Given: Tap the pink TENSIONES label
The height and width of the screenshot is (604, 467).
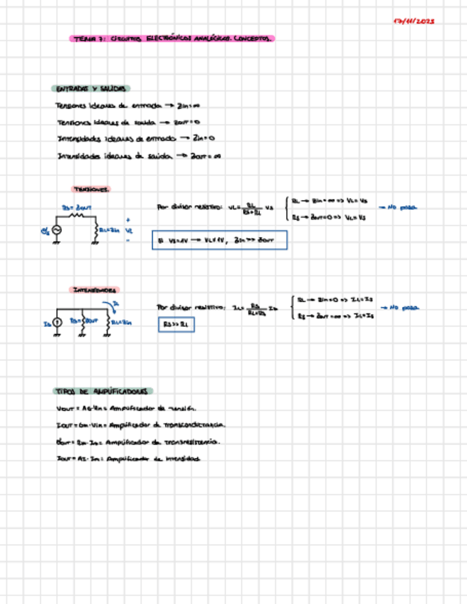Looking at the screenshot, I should (90, 189).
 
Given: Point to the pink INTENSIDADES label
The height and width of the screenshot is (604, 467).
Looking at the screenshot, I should (95, 290).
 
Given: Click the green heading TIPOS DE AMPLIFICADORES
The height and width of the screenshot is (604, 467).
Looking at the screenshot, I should (103, 391).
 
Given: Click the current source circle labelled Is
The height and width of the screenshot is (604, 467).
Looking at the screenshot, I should (58, 322).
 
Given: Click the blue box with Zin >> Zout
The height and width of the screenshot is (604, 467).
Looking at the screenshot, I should (219, 241).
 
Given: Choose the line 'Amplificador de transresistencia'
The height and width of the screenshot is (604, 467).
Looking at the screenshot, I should (137, 442).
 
